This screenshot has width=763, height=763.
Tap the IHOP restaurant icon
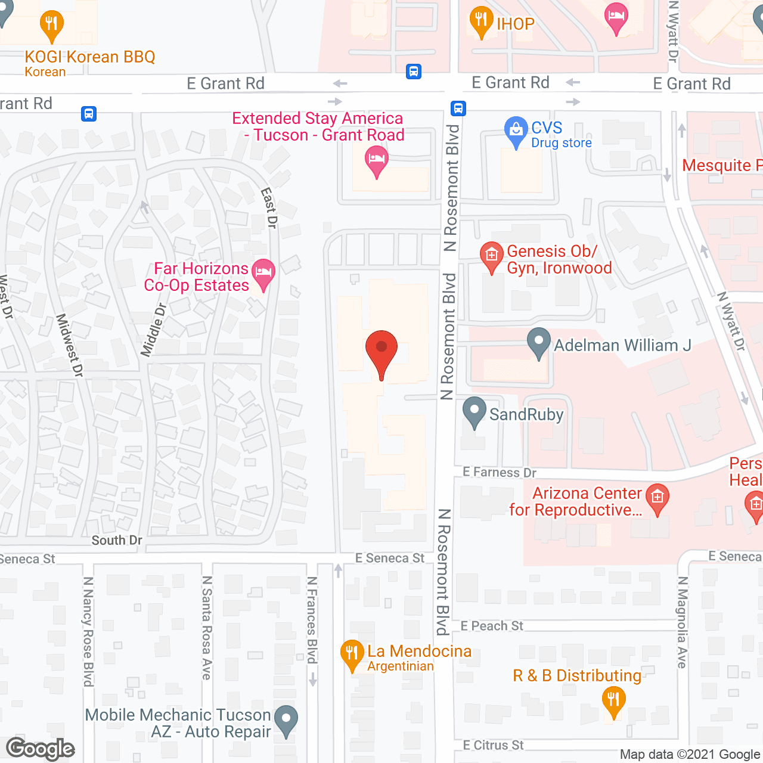pyautogui.click(x=481, y=21)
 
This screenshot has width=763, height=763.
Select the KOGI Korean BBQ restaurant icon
pyautogui.click(x=52, y=24)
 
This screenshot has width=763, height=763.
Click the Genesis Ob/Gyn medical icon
pyautogui.click(x=491, y=256)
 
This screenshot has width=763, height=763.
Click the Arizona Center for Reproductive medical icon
pyautogui.click(x=657, y=498)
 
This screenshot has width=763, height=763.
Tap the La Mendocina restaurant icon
pyautogui.click(x=352, y=655)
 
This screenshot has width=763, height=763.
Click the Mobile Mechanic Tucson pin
pyautogui.click(x=287, y=719)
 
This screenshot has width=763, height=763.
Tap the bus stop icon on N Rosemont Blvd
pyautogui.click(x=458, y=108)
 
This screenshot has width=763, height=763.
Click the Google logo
pyautogui.click(x=41, y=749)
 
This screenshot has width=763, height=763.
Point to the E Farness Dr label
pyautogui.click(x=500, y=473)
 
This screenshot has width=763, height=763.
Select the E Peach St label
pyautogui.click(x=492, y=626)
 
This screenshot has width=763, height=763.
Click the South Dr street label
pyautogui.click(x=117, y=541)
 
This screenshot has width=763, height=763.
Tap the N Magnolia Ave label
pyautogui.click(x=683, y=622)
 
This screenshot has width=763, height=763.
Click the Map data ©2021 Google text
pyautogui.click(x=690, y=755)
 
